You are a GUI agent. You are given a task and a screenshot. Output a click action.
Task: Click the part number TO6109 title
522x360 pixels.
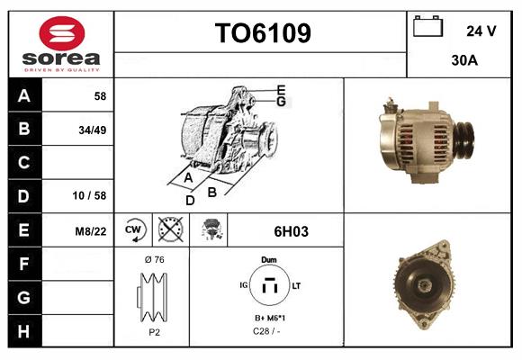pos(262,34)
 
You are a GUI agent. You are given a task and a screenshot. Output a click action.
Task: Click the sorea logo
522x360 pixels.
pos(59,44)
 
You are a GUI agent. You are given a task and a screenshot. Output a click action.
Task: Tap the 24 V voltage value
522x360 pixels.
pos(481,31)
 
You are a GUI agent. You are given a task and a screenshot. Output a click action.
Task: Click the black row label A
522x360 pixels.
pos(24,95)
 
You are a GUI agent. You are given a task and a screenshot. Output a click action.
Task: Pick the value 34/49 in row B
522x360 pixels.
pos(94,129)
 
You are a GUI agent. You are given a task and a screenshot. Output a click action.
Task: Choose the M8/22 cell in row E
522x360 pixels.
pos(91,231)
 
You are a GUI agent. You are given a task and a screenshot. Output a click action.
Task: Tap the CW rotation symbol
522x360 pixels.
pos(134,231)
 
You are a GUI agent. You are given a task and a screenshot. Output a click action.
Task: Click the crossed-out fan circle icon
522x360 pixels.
pos(170,231)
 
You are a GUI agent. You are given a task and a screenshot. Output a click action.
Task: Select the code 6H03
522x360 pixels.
pos(285,231)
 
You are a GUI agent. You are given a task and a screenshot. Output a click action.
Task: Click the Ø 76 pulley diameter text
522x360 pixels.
pos(153,259)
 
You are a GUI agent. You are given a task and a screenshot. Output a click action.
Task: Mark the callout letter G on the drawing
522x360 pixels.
pos(282,102)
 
